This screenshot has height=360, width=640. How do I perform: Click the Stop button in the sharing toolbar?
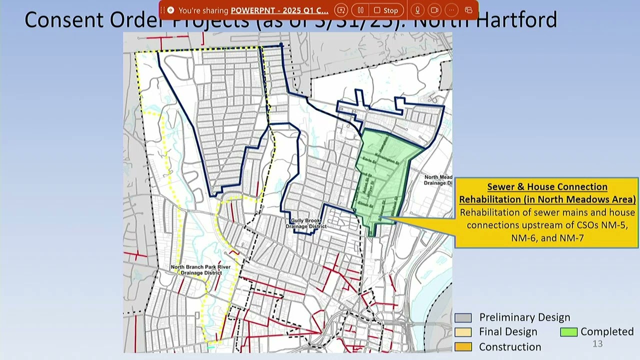point(386,10)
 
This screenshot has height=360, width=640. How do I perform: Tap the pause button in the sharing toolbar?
point(360,10)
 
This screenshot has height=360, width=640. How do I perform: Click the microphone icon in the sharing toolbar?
point(417,10)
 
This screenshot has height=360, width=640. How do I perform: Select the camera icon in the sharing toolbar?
point(434,10)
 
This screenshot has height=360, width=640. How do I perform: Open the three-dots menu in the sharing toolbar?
point(451,10)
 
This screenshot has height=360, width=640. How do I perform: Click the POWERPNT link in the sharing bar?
point(279,10)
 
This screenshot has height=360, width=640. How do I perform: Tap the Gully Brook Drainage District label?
point(306,223)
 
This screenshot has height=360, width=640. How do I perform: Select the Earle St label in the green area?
point(369,159)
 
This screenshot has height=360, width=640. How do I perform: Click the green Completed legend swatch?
point(568,332)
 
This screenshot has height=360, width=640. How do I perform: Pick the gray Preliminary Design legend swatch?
point(463,318)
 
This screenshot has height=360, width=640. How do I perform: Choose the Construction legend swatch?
point(463,346)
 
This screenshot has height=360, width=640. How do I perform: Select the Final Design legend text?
point(508,332)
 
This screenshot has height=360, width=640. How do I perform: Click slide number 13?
point(597,344)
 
